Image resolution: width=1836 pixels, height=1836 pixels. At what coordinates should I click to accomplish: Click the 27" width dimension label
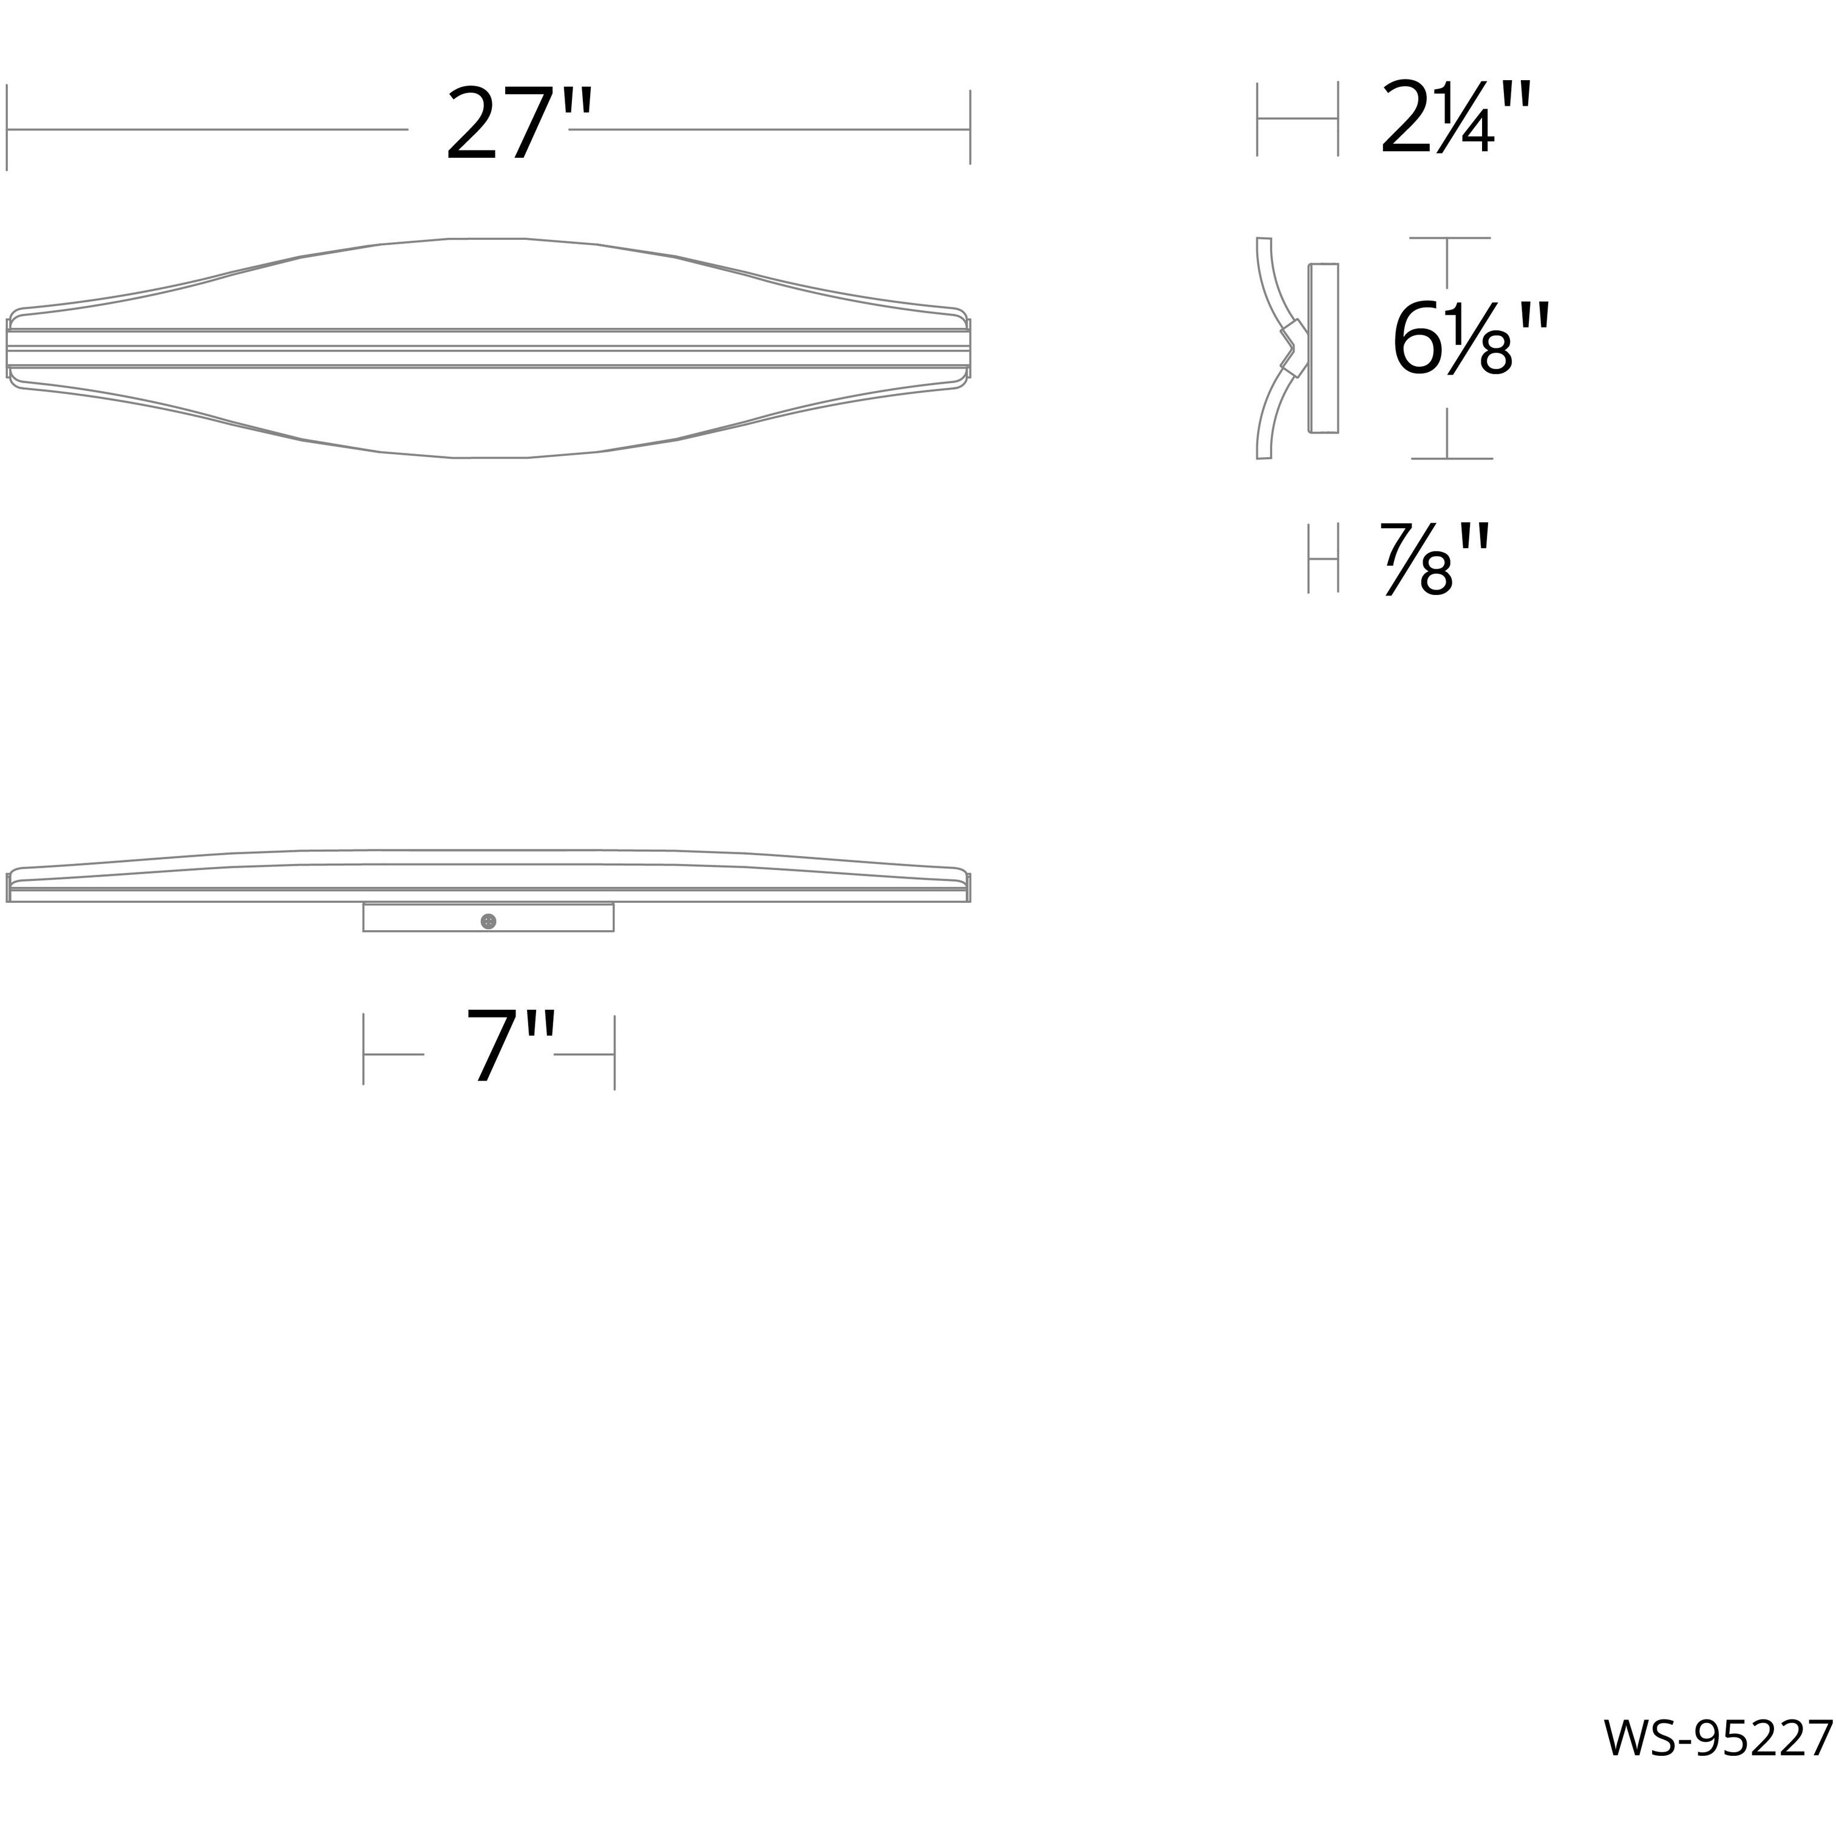[518, 126]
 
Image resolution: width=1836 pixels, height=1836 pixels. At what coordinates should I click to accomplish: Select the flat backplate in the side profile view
[1324, 348]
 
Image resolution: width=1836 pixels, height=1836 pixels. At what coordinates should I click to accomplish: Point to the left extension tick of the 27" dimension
[8, 127]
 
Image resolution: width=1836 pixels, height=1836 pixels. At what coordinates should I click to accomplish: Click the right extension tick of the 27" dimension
[970, 127]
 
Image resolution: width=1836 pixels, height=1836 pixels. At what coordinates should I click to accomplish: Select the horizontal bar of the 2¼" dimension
[1297, 119]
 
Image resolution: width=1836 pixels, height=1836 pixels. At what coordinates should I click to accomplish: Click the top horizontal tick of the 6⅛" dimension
[1449, 237]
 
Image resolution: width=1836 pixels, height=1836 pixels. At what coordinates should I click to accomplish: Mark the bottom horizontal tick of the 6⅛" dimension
[1451, 458]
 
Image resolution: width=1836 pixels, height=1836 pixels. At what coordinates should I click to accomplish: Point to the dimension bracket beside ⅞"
[1323, 559]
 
